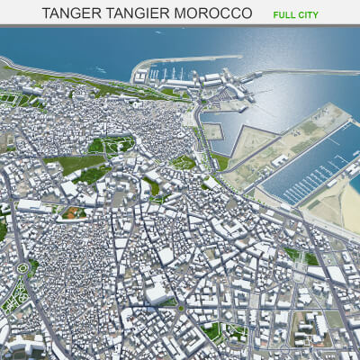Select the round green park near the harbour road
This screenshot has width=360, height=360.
click(184, 163)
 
